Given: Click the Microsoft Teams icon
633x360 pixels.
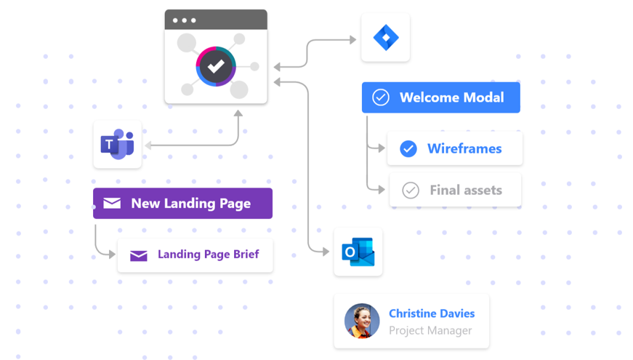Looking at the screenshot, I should pyautogui.click(x=117, y=145).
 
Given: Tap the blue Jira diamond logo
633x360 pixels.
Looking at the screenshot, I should pyautogui.click(x=385, y=37).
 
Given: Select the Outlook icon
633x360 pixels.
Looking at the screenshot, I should pyautogui.click(x=358, y=252).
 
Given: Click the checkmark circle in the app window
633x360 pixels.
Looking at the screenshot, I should pyautogui.click(x=216, y=66).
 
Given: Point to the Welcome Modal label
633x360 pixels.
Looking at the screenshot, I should pyautogui.click(x=451, y=97).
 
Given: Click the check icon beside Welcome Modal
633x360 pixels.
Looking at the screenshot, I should pyautogui.click(x=381, y=97).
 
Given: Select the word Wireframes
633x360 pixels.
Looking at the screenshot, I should pyautogui.click(x=464, y=148).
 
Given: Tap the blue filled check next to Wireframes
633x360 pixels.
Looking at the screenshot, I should pyautogui.click(x=408, y=148).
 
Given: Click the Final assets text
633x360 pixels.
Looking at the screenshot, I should pyautogui.click(x=466, y=191).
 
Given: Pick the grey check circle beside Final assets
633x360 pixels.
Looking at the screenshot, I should pyautogui.click(x=411, y=191).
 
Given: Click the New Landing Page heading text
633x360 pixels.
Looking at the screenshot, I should pyautogui.click(x=190, y=204).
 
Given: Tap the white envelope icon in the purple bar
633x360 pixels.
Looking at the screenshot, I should pyautogui.click(x=112, y=204).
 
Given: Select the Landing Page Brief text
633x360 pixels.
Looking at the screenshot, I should pyautogui.click(x=208, y=255).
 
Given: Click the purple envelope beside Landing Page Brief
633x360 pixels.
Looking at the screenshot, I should pyautogui.click(x=138, y=255).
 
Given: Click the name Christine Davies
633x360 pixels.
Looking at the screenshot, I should pyautogui.click(x=432, y=313).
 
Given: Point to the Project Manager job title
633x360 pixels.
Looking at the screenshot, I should pyautogui.click(x=430, y=330).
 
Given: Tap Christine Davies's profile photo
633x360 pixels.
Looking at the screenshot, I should pyautogui.click(x=362, y=321).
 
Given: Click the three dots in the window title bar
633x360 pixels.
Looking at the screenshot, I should pyautogui.click(x=185, y=20).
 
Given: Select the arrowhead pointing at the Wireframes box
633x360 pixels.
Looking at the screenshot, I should pyautogui.click(x=382, y=148).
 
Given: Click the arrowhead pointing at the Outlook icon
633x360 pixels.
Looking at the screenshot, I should pyautogui.click(x=326, y=252).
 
